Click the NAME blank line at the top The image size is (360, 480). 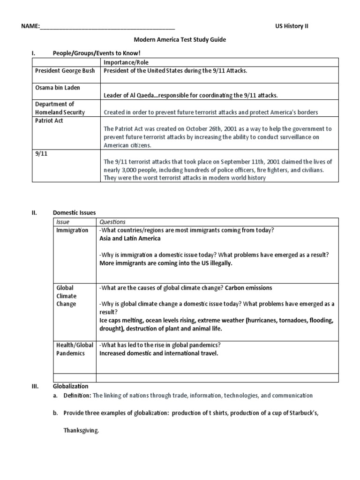[x=107, y=27]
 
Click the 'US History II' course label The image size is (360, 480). [x=292, y=26]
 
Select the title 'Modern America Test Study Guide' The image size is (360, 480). [x=180, y=40]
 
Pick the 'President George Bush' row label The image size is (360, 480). [x=65, y=71]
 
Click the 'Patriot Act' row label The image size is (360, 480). [x=49, y=120]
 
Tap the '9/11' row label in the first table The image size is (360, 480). [x=41, y=153]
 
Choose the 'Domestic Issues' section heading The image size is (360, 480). [x=74, y=212]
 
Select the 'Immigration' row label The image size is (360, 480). [x=72, y=230]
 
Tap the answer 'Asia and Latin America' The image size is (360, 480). [x=130, y=238]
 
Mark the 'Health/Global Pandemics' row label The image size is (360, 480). [x=74, y=349]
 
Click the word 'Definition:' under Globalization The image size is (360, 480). [x=77, y=396]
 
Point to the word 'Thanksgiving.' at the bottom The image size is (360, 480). [x=82, y=431]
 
